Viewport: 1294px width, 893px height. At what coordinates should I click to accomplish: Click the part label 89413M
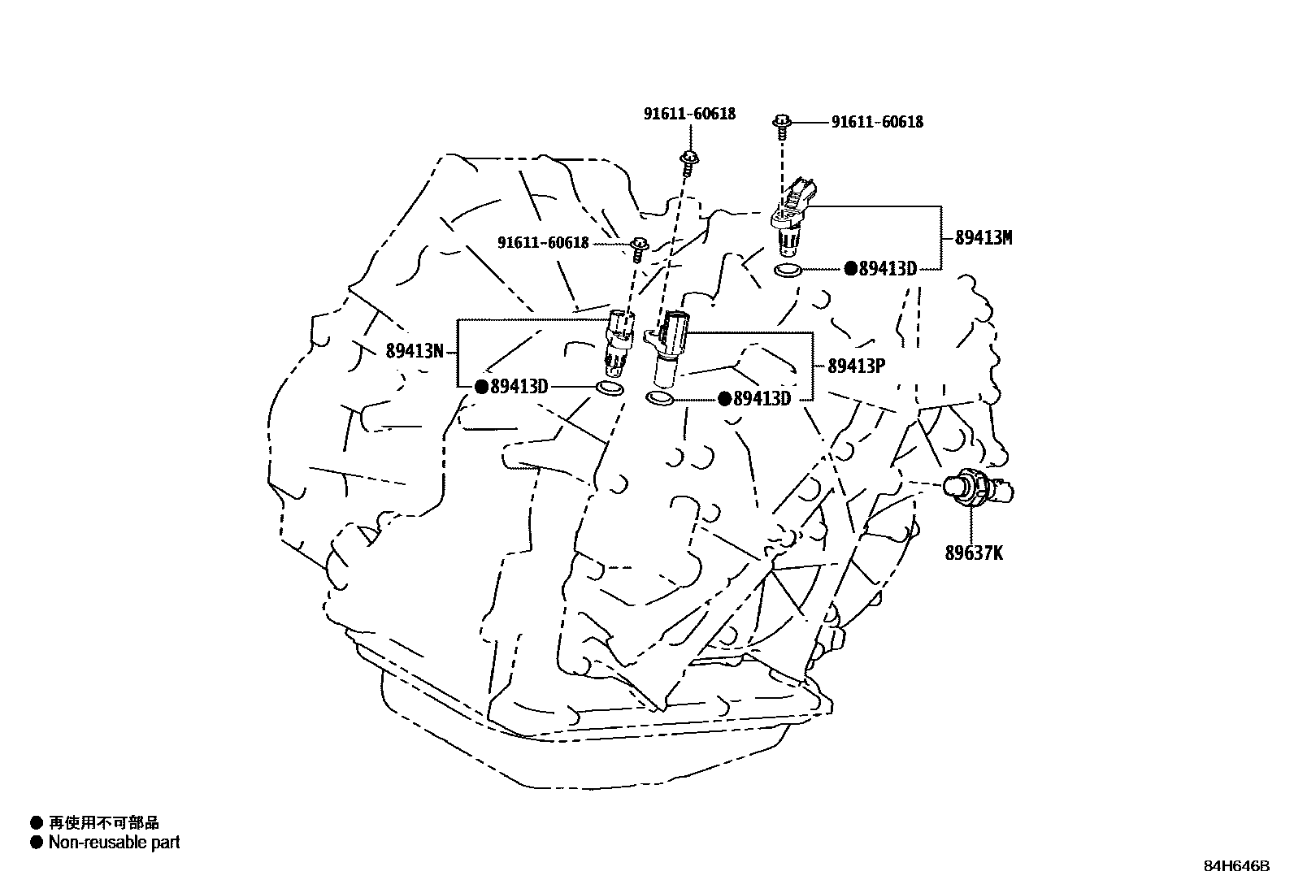pyautogui.click(x=984, y=238)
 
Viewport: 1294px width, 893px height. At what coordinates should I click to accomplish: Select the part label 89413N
pyautogui.click(x=415, y=352)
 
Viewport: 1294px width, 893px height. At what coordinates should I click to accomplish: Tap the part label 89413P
pyautogui.click(x=856, y=366)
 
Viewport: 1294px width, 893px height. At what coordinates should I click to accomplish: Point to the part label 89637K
pyautogui.click(x=974, y=553)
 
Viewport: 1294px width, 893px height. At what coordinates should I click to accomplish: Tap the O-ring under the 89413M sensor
pyautogui.click(x=788, y=270)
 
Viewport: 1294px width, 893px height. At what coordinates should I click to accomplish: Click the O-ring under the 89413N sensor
pyautogui.click(x=610, y=388)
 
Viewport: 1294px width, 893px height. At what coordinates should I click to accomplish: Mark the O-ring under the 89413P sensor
pyautogui.click(x=659, y=398)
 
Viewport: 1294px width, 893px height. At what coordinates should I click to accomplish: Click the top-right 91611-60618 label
pyautogui.click(x=877, y=123)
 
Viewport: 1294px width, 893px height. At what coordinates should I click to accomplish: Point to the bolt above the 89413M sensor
pyautogui.click(x=782, y=124)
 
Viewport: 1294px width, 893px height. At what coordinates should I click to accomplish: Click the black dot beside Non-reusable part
pyautogui.click(x=36, y=843)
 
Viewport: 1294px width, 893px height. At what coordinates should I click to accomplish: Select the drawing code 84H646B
pyautogui.click(x=1236, y=866)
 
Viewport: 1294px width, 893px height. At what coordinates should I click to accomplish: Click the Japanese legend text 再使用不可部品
pyautogui.click(x=104, y=823)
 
